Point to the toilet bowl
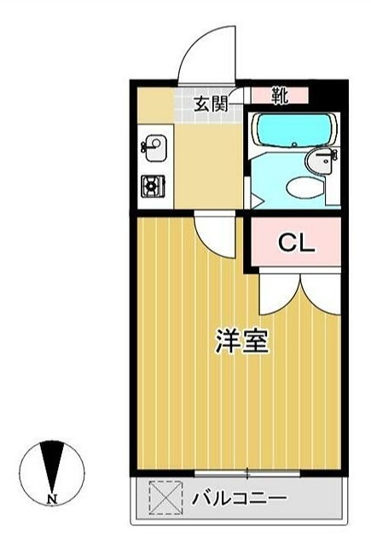coord(303,186)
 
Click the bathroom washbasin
coord(324,159)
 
